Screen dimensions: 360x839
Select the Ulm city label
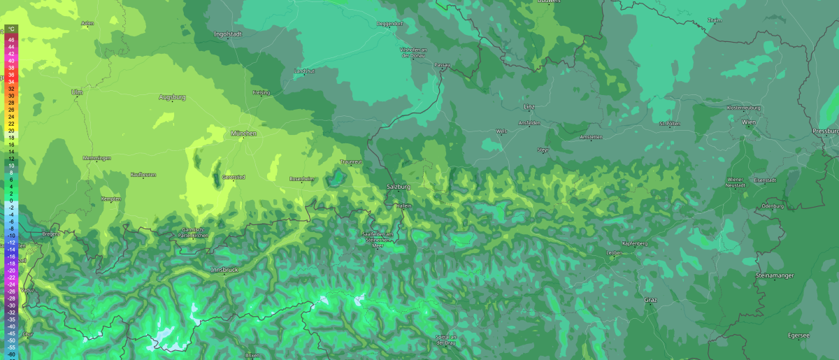coord(77,92)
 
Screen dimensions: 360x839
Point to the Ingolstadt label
coord(228,33)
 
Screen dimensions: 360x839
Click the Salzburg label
coord(398,187)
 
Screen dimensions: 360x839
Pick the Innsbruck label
coord(224,269)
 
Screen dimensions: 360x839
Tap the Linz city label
coord(529,106)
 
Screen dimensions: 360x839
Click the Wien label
coord(749,122)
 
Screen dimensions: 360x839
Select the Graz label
coord(651,300)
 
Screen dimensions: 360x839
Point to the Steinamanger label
coord(773,275)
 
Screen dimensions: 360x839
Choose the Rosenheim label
coord(301,178)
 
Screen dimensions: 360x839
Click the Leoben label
coord(614,252)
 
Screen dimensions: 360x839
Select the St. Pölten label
coord(669,124)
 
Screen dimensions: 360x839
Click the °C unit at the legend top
coord(12,29)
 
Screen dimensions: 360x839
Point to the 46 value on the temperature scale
coord(12,40)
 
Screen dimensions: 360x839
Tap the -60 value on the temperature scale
coord(12,354)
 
